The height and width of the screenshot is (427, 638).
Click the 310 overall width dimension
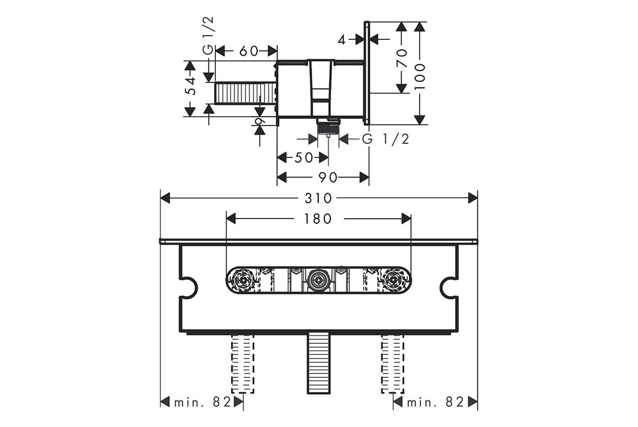pyautogui.click(x=318, y=198)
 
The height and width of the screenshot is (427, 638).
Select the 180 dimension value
pyautogui.click(x=318, y=219)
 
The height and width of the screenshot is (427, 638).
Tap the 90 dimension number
pyautogui.click(x=328, y=178)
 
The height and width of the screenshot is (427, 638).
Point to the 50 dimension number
pyautogui.click(x=304, y=158)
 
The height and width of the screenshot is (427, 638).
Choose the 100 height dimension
pyautogui.click(x=420, y=72)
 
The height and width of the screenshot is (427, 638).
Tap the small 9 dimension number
pyautogui.click(x=259, y=122)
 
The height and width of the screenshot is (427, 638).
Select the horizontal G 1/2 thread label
pyautogui.click(x=386, y=139)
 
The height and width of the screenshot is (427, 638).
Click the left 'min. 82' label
pyautogui.click(x=202, y=402)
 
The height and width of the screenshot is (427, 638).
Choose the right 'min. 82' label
pyautogui.click(x=435, y=402)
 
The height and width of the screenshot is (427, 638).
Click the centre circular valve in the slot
pyautogui.click(x=318, y=280)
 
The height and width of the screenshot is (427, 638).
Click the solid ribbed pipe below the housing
pyautogui.click(x=318, y=363)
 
